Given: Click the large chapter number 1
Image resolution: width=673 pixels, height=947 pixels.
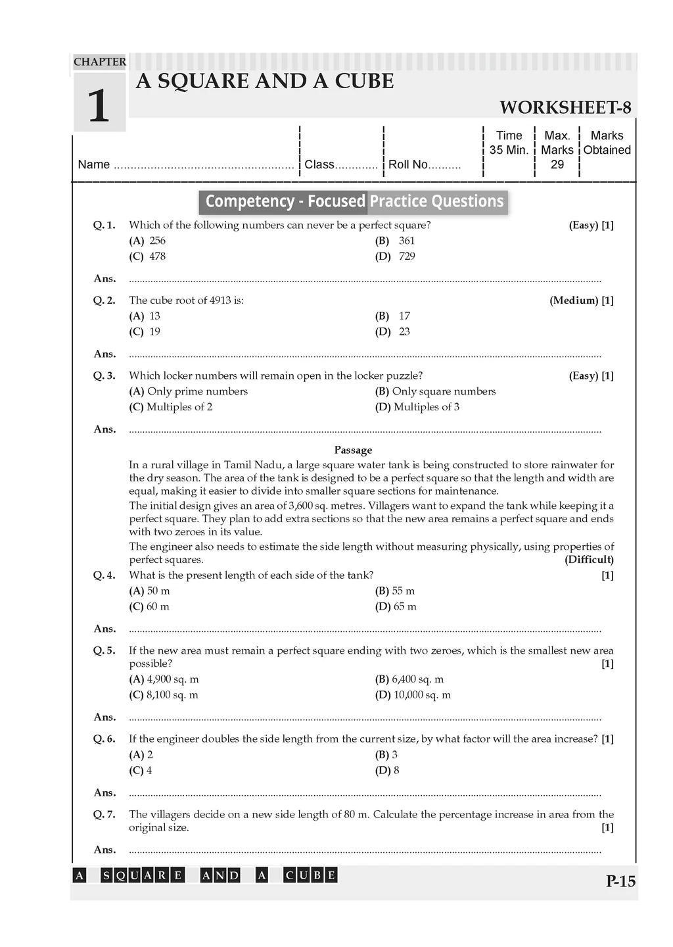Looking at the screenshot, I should pos(99,105).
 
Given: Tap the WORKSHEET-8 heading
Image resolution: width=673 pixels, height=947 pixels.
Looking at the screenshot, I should pos(565,107).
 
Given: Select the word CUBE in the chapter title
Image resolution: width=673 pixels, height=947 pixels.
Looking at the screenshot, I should pos(364,81).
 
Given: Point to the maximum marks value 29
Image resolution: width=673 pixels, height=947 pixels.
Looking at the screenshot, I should pos(557,164).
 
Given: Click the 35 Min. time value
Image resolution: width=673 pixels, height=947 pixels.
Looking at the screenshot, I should pos(509,150).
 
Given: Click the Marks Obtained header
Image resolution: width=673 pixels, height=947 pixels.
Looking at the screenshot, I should pos(607,143).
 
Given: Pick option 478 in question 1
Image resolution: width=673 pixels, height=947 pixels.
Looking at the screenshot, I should pos(157,256).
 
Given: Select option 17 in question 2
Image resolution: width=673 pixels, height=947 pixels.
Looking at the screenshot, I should pos(404,316).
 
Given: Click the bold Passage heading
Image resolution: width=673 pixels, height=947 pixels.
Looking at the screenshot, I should pos(353,450).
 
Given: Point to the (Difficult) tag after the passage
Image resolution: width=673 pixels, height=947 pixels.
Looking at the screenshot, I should pos(589,560).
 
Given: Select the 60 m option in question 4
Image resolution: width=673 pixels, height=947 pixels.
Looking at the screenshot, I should pos(158,607).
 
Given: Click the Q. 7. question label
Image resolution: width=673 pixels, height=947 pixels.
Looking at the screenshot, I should pos(104,815).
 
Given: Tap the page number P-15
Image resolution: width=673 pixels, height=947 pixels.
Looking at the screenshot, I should pos(620,881).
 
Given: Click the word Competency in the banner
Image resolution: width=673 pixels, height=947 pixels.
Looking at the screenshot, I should pos(249,201).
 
